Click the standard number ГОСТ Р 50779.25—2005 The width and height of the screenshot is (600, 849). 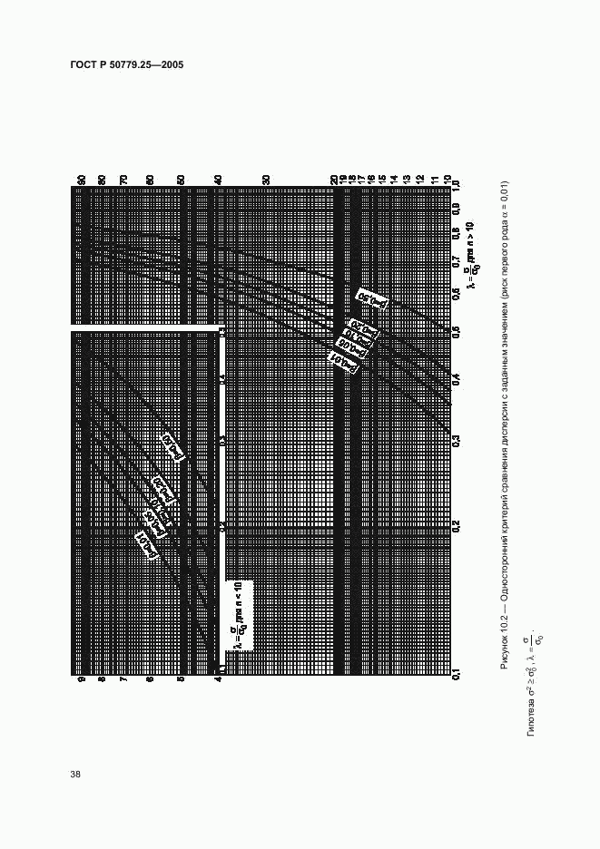126,65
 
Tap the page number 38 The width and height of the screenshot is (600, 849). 75,774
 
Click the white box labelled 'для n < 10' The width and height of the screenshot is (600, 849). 239,615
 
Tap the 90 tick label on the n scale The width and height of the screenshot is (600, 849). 81,180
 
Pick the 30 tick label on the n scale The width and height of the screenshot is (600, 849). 266,180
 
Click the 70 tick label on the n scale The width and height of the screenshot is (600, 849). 123,180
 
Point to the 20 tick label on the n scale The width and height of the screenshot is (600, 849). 334,180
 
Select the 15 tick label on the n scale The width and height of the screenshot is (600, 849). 382,180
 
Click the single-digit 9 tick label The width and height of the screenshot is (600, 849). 81,678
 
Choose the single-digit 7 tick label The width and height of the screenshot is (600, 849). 123,678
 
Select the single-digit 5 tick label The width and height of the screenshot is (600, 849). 181,678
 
